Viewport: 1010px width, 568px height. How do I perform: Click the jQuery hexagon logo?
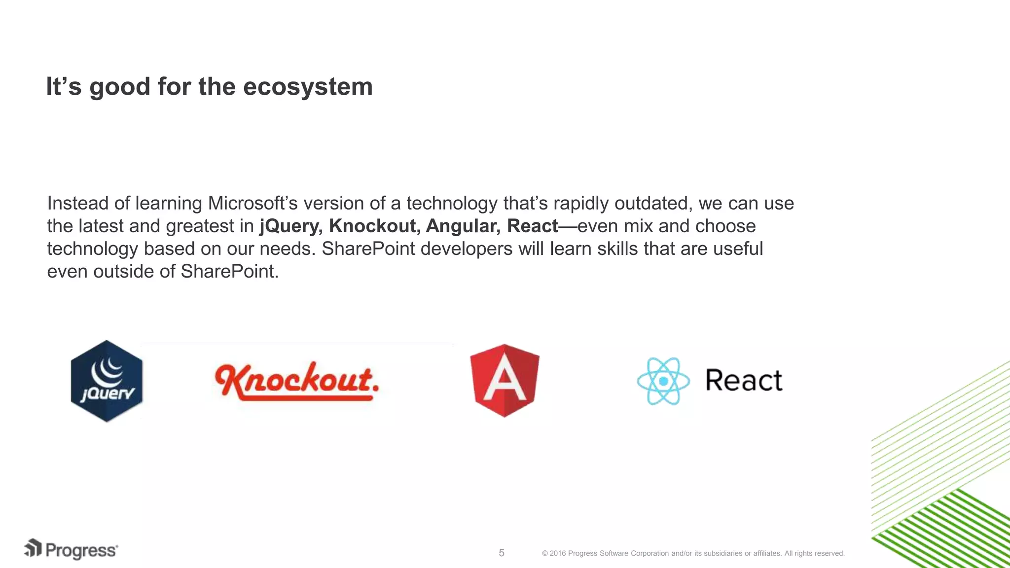tap(107, 381)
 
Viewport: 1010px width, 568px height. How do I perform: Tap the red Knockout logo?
tap(296, 381)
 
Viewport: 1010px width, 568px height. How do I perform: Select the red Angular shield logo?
tap(505, 380)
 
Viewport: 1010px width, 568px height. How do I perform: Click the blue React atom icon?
tap(663, 381)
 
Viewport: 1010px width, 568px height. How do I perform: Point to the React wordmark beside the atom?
tap(743, 381)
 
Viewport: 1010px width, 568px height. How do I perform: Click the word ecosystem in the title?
tap(308, 87)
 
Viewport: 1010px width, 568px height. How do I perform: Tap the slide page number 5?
tap(502, 553)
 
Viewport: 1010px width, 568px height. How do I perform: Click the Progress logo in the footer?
tap(71, 549)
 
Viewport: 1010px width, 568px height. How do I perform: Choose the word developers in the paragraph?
tap(466, 249)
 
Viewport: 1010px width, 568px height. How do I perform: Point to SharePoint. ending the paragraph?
tap(229, 272)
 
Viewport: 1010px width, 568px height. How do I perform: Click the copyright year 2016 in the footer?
tap(557, 553)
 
